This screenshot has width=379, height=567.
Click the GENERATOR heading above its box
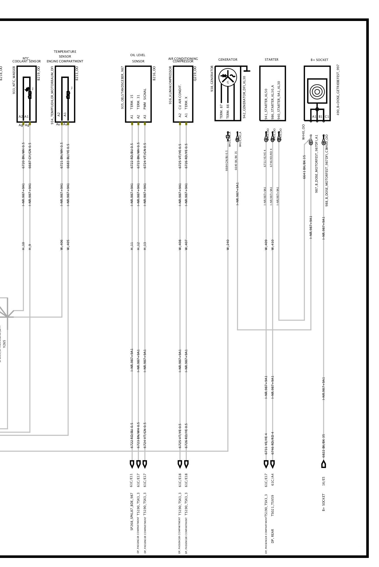[228, 60]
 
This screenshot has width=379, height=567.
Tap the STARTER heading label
[271, 60]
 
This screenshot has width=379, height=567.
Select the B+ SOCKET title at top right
[319, 60]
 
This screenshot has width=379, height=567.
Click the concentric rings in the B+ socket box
[317, 92]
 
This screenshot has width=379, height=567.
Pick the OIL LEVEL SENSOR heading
[138, 58]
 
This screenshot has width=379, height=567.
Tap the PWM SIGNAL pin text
[145, 99]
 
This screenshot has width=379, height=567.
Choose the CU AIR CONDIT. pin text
[180, 97]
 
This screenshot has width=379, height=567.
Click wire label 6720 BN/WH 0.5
[23, 155]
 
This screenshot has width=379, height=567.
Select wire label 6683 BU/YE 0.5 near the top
[68, 156]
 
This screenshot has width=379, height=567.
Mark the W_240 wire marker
[228, 245]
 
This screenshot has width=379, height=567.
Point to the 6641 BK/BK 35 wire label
[304, 167]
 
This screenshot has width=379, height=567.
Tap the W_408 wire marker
[180, 245]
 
